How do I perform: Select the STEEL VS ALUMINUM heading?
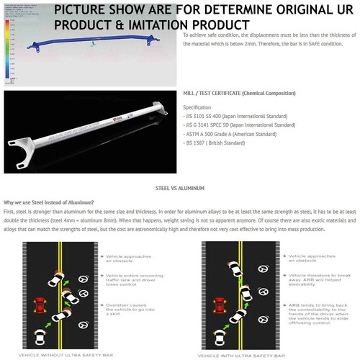pyautogui.click(x=180, y=187)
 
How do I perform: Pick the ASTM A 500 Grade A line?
pyautogui.click(x=229, y=133)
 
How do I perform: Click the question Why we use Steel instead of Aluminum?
pyautogui.click(x=54, y=202)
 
